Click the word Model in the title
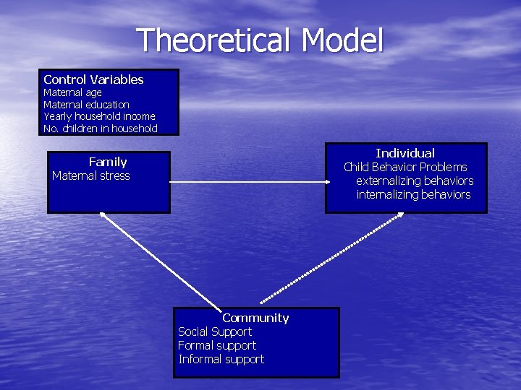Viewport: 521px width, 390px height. [x=342, y=41]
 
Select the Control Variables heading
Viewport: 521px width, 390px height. [x=93, y=79]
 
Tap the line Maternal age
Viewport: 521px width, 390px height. [x=72, y=92]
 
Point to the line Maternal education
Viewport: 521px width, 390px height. [x=86, y=105]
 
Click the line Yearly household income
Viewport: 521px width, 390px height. [x=99, y=116]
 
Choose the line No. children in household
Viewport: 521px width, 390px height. [x=100, y=129]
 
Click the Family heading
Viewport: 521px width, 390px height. [x=108, y=162]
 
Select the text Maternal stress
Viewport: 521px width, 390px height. [x=91, y=175]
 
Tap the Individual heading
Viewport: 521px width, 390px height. [x=405, y=153]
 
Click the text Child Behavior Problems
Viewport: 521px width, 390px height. [x=405, y=167]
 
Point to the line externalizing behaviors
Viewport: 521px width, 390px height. [x=415, y=181]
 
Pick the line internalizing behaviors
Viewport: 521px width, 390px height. [x=413, y=194]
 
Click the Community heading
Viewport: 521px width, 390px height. [x=255, y=318]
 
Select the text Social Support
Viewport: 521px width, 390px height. [x=215, y=331]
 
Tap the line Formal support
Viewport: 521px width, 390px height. [x=217, y=345]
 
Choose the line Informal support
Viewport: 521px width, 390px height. [x=221, y=359]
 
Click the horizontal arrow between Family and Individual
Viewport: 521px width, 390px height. [x=247, y=182]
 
